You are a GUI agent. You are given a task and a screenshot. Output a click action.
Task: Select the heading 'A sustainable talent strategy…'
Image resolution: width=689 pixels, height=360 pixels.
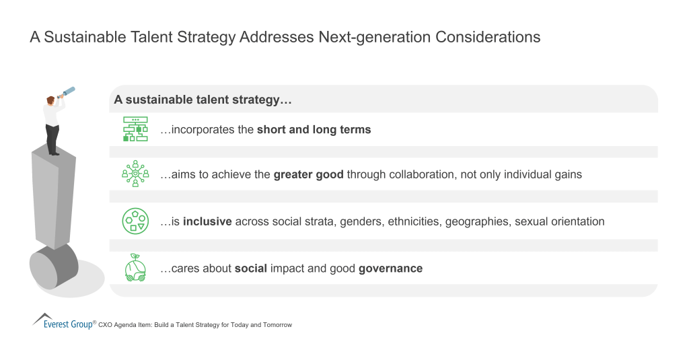tap(203, 100)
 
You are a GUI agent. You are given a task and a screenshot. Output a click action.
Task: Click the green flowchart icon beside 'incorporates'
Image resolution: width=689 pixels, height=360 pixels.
tap(135, 129)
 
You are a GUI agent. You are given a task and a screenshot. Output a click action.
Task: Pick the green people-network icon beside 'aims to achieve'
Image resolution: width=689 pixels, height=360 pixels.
tap(135, 174)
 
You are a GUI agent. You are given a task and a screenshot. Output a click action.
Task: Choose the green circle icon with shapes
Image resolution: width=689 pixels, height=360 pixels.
tap(135, 221)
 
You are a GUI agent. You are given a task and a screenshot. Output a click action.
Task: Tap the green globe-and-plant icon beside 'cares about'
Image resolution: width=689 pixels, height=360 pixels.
tap(135, 268)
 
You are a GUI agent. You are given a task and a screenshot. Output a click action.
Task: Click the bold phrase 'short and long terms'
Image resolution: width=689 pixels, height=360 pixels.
tap(314, 130)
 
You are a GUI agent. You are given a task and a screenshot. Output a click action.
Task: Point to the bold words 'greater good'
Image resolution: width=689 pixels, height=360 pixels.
tap(309, 174)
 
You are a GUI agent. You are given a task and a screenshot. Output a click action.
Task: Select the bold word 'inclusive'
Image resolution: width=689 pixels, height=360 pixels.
tap(205, 221)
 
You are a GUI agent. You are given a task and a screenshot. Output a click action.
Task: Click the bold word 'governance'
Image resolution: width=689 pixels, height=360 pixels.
tap(390, 268)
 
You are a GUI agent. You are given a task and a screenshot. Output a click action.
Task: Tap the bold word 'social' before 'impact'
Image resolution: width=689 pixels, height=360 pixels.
tap(252, 268)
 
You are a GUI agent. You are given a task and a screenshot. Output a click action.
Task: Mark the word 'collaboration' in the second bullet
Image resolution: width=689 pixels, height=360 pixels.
tap(427, 174)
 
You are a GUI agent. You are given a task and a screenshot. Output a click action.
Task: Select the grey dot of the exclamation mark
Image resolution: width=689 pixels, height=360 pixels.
tap(53, 266)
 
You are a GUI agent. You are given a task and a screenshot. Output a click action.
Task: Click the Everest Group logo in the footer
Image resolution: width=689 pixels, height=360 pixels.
tap(64, 322)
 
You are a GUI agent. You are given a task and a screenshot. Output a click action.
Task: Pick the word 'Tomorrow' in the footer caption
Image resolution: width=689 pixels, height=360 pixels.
tap(277, 325)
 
